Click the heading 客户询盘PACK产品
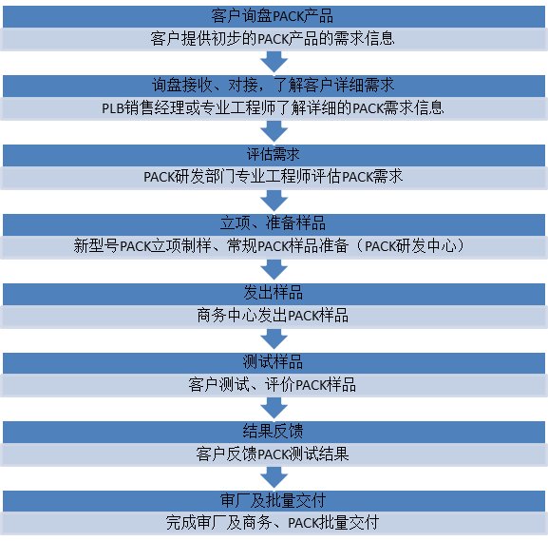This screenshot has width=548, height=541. click(272, 16)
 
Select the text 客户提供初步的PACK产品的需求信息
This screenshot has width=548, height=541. click(273, 38)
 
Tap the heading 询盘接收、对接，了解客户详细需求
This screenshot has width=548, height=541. click(273, 85)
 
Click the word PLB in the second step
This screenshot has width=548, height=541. click(113, 108)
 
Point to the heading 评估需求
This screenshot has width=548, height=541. click(273, 154)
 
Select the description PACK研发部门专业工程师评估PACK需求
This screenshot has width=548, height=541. click(273, 177)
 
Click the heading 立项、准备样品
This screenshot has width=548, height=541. click(273, 223)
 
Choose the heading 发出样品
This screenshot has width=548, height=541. click(273, 293)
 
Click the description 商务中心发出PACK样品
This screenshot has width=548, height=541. click(273, 316)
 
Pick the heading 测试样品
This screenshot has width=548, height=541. click(273, 362)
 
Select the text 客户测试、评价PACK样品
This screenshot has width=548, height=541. click(273, 385)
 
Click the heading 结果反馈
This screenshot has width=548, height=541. click(273, 431)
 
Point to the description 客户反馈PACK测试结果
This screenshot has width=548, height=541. click(273, 454)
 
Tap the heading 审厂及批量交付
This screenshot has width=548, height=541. click(273, 500)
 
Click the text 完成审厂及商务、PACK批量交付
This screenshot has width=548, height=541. click(273, 523)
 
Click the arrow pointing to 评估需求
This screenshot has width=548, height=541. click(274, 131)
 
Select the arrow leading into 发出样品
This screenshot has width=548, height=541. click(274, 270)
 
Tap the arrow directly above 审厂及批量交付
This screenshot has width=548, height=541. click(274, 477)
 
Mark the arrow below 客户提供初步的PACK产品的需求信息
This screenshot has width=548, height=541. click(274, 63)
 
